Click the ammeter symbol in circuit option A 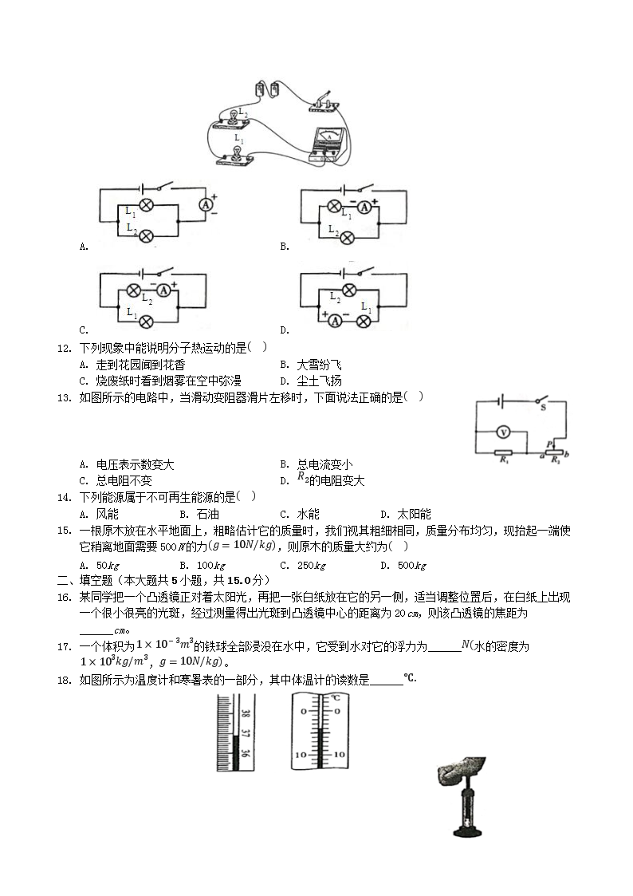(x=206, y=205)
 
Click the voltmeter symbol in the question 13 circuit (x=503, y=432)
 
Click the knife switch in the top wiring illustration (x=323, y=101)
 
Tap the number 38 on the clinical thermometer (x=246, y=716)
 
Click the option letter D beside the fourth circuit (x=284, y=330)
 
